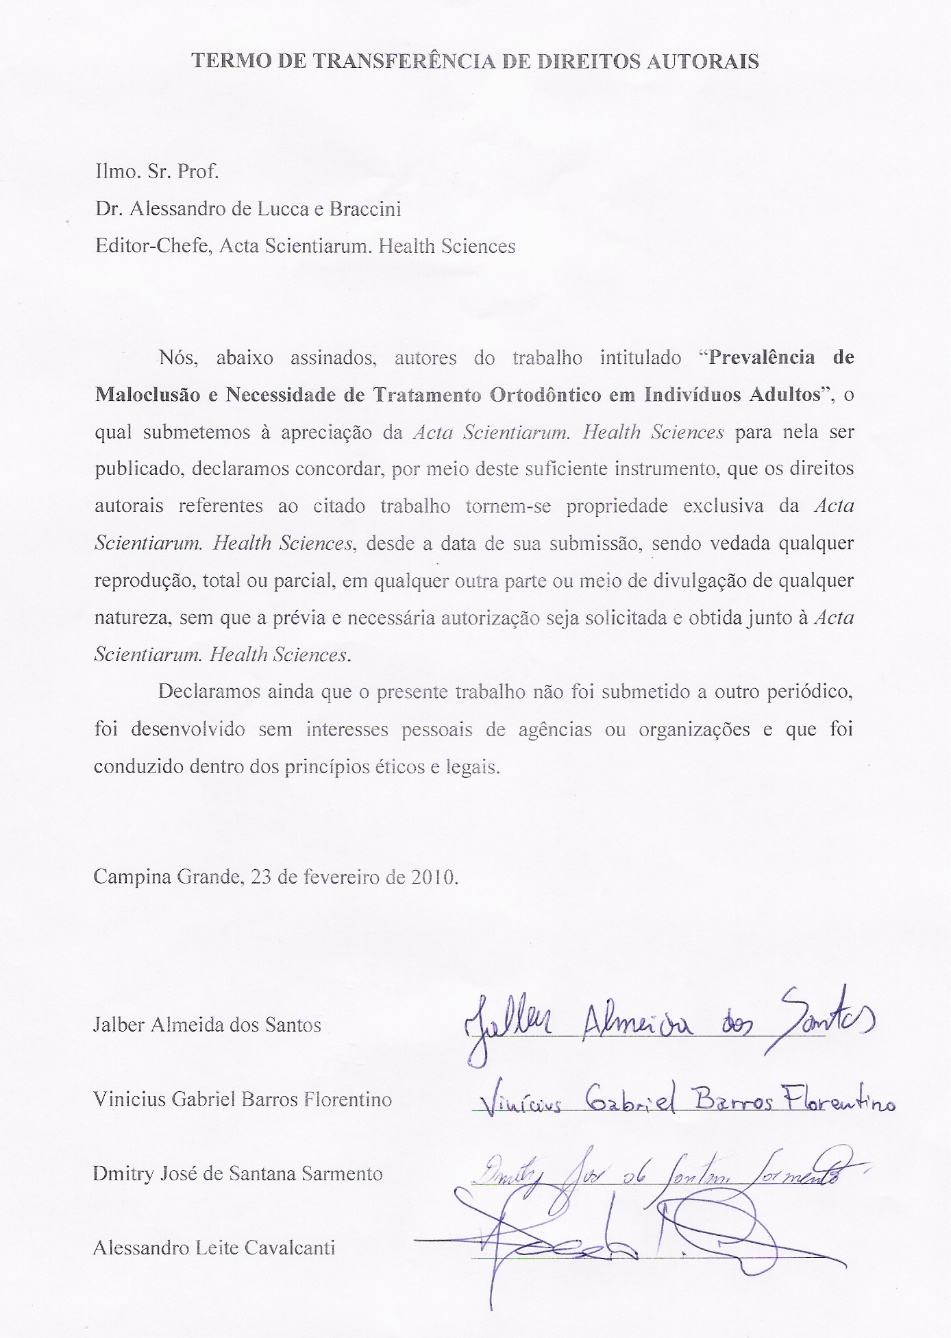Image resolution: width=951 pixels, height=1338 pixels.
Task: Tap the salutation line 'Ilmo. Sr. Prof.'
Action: tap(158, 171)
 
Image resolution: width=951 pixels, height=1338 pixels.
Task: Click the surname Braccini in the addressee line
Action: tap(365, 208)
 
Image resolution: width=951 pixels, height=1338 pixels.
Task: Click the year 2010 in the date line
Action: tap(433, 877)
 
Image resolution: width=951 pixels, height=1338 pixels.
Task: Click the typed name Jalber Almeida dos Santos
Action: tap(207, 1025)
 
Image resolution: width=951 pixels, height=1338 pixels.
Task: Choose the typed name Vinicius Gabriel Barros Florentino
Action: tap(243, 1099)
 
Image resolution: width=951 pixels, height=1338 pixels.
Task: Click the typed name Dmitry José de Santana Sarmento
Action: tap(238, 1173)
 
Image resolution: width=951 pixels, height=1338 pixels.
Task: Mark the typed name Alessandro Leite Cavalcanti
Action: tap(214, 1248)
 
